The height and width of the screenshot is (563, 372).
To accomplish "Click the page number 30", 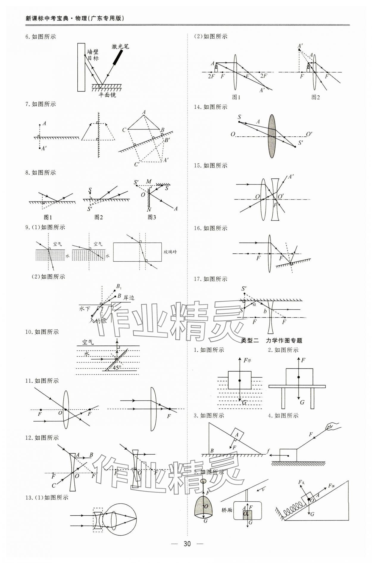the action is coord(187,544).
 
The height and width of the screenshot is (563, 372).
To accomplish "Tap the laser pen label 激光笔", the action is coord(120,46).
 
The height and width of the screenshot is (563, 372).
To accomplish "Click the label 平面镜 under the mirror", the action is coord(107,95).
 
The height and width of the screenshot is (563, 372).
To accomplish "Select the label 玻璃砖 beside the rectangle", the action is coord(170,252).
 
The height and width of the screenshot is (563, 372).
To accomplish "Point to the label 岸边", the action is coord(129,297).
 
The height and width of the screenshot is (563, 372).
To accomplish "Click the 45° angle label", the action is coord(117,367).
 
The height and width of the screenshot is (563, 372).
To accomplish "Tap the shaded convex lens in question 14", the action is coord(272,136).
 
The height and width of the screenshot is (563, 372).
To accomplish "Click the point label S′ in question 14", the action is coord(301,143).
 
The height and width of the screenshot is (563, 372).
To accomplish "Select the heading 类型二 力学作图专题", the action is coord(271,340).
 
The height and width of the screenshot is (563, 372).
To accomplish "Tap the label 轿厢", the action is coord(227,510).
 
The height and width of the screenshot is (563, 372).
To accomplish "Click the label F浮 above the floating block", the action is coord(247,361).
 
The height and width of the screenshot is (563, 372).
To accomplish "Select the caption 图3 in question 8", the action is coord(152,217).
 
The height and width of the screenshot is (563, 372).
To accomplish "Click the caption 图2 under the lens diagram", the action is coord(315,97).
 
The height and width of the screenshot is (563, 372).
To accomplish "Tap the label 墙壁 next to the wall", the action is coord(93,52).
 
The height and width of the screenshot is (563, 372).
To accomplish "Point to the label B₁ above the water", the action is coord(119,287).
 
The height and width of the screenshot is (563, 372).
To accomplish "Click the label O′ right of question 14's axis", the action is coord(309,134).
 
